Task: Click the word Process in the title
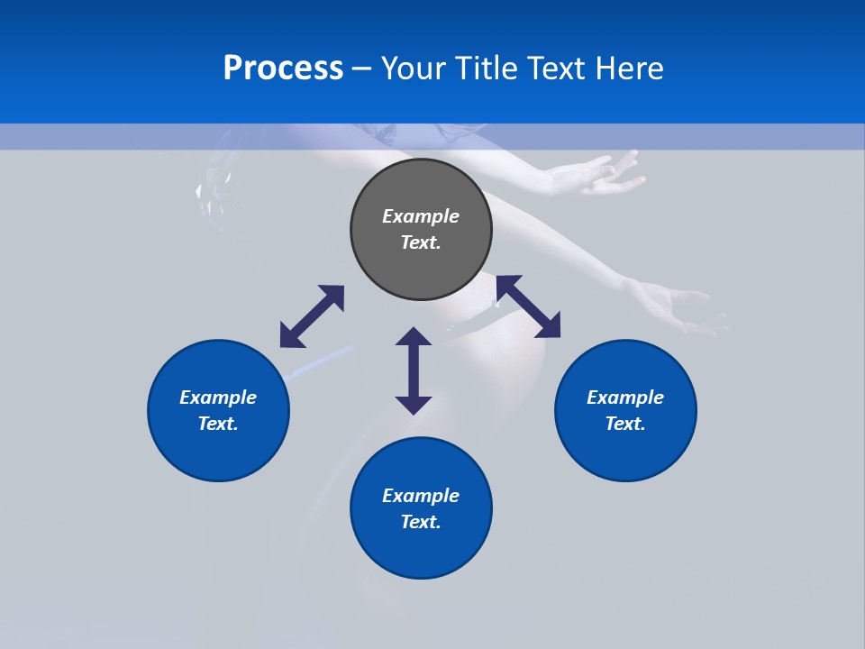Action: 283,69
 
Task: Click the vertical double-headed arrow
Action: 414,370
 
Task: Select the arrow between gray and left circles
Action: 312,316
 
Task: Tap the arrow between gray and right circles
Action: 528,306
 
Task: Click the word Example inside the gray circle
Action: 421,216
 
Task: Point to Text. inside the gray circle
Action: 421,242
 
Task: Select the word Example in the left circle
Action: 218,398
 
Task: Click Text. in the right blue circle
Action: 625,424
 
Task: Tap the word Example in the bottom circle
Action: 421,496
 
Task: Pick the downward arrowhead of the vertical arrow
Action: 414,403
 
